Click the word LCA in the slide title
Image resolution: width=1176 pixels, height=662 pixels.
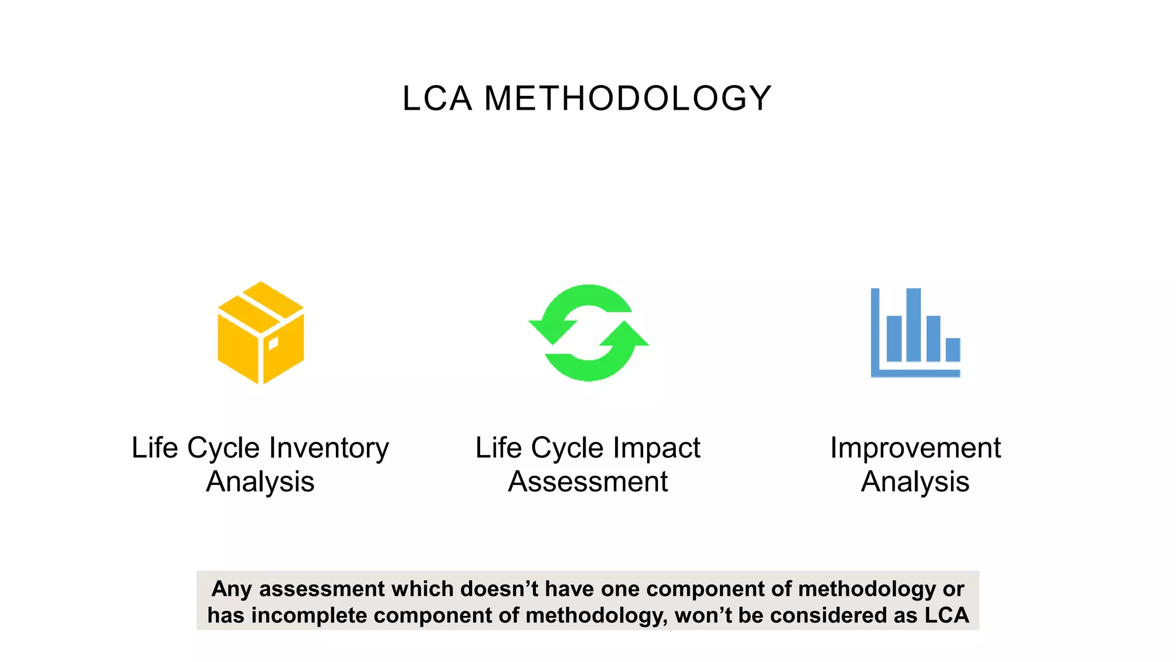coord(437,98)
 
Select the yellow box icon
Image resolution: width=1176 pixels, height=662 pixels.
coord(261,333)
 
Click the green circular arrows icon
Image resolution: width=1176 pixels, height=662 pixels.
coord(589,333)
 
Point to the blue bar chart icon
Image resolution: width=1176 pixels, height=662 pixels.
coord(915,333)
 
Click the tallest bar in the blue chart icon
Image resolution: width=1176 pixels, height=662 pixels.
coord(913,325)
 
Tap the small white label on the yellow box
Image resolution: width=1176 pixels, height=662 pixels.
coord(273,344)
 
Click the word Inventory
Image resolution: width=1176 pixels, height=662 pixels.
coord(329,448)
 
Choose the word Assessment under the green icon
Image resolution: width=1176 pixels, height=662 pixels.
coord(588,482)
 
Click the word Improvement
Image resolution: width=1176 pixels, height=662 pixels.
coord(915,448)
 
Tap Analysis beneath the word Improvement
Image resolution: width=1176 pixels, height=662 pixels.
coord(915,482)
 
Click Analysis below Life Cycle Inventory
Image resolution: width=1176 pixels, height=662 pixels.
coord(260,482)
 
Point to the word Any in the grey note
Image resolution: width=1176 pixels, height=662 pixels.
coord(232,589)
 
